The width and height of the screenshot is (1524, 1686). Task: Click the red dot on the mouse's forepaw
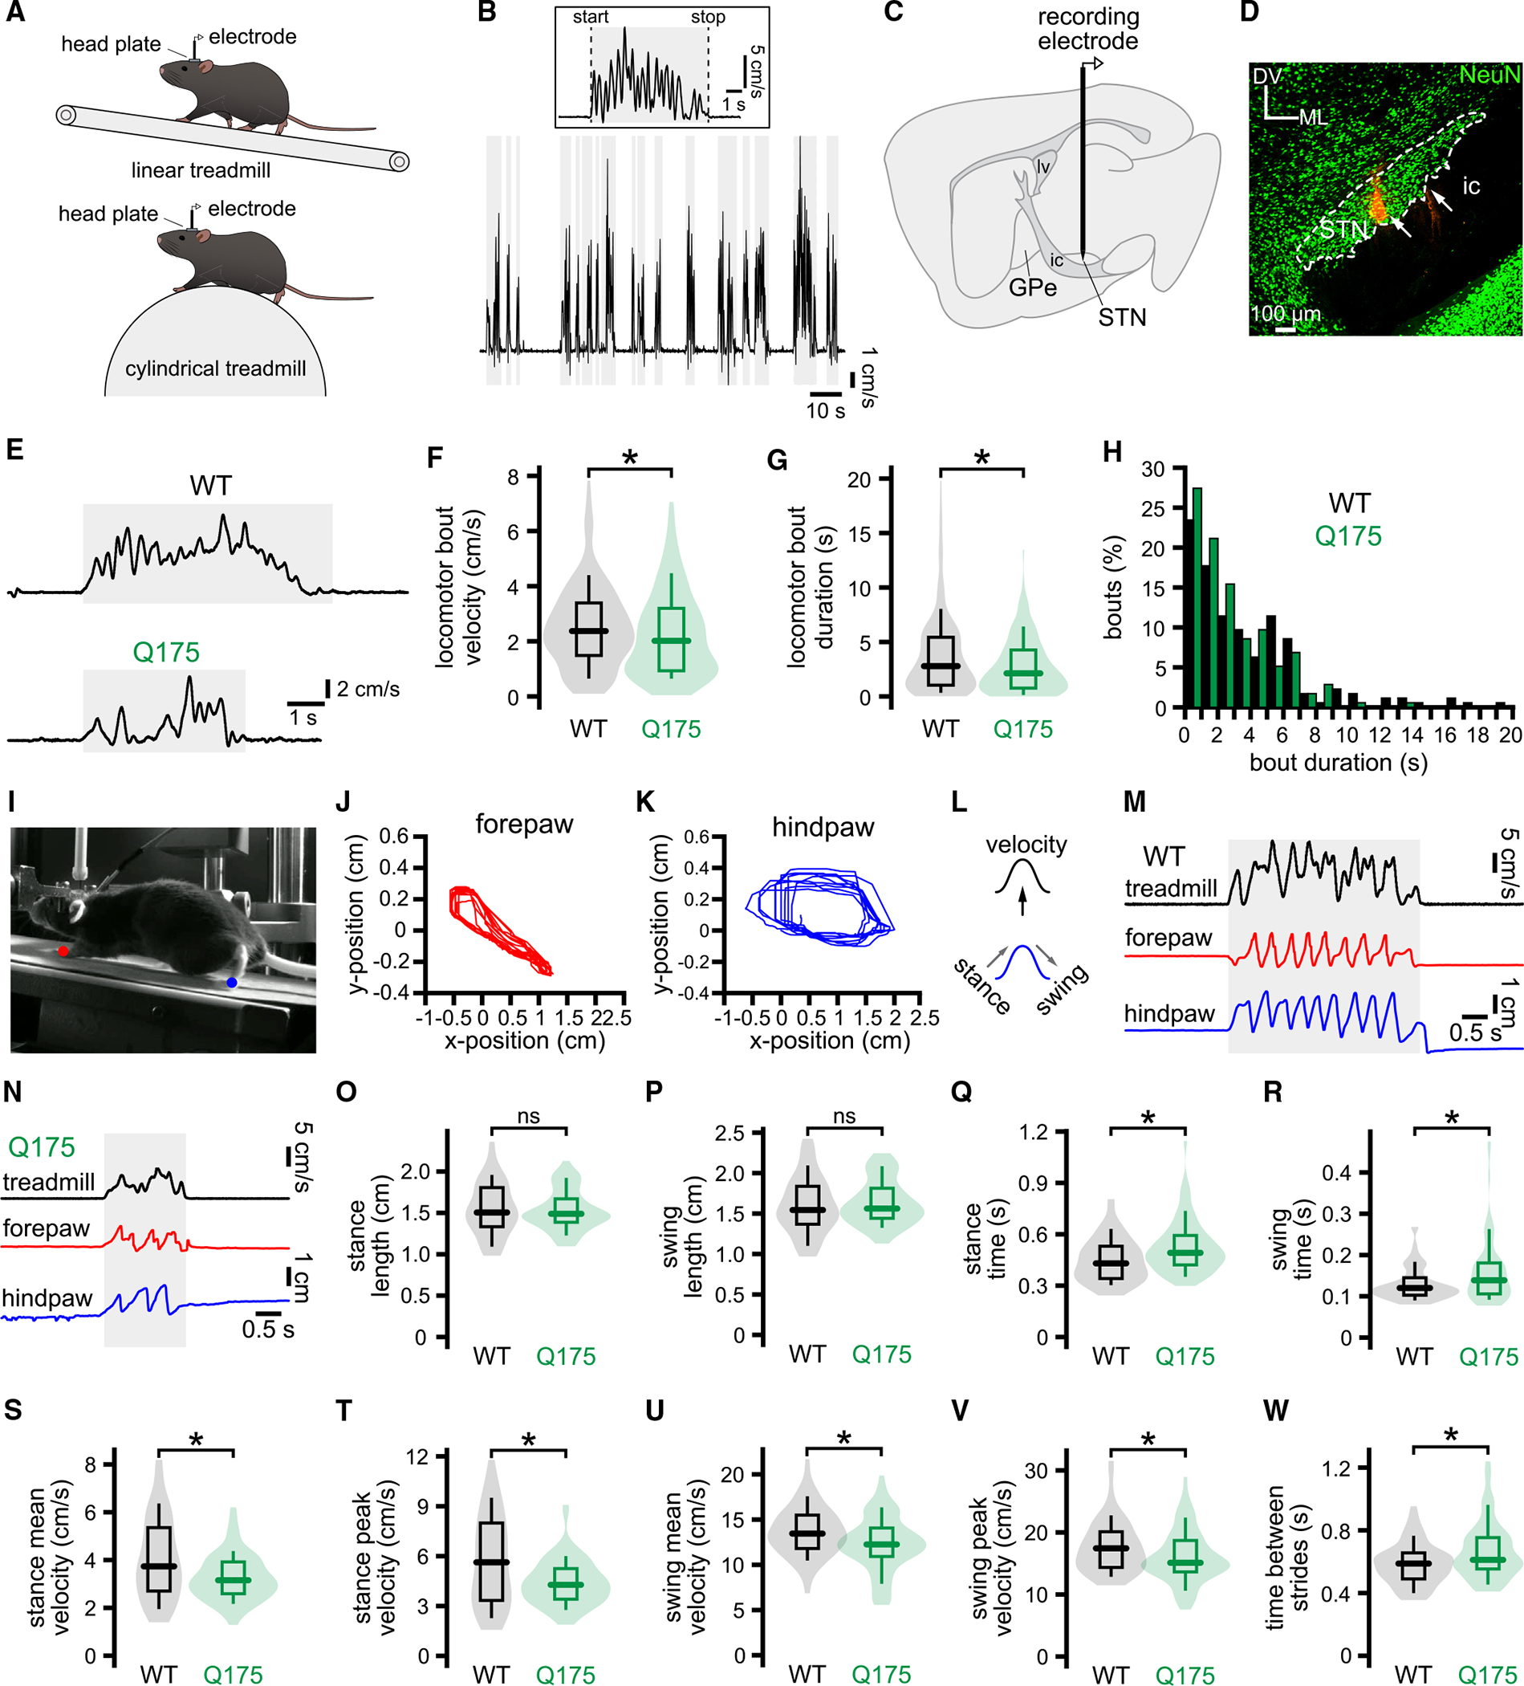point(63,951)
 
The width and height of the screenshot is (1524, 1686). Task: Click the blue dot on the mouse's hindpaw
point(232,982)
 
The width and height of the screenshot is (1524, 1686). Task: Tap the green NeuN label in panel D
point(1489,75)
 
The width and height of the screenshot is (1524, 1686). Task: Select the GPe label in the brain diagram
point(1032,287)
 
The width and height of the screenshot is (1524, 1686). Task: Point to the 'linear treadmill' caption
point(201,170)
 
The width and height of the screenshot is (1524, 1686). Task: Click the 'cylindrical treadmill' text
point(216,369)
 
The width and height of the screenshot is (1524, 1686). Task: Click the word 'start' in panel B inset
point(590,18)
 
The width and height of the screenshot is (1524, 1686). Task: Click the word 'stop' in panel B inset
point(707,18)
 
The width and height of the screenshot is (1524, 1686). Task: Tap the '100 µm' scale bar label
point(1285,315)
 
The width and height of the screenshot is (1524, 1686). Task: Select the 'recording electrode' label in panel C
point(1087,29)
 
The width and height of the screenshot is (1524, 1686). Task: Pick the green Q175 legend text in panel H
point(1347,536)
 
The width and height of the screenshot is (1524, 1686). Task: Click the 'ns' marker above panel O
point(528,1117)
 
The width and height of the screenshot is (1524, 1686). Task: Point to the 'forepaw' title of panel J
point(524,825)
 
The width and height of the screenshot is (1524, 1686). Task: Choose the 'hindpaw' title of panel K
point(823,828)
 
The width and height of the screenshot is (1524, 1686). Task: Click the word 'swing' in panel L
point(1063,988)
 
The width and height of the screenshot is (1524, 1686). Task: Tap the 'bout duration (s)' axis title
point(1339,763)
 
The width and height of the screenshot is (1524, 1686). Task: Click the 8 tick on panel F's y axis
point(513,477)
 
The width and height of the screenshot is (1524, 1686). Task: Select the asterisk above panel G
point(981,458)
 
